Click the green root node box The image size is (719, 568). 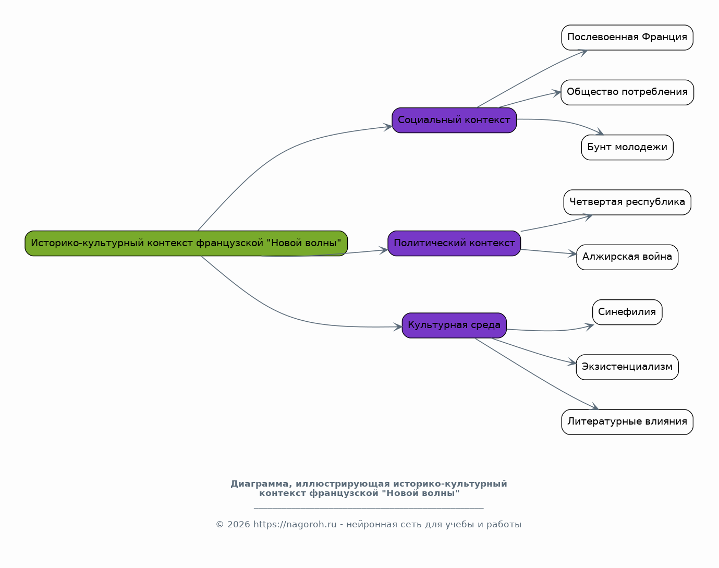[x=186, y=244]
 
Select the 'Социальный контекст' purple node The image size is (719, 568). [x=454, y=120]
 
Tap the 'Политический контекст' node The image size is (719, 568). [x=454, y=244]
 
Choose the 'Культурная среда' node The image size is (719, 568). [x=454, y=325]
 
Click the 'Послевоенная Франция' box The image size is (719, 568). [x=627, y=38]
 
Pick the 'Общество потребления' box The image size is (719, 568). [x=627, y=92]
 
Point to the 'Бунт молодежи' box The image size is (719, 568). [x=627, y=148]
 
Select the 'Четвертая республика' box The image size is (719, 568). [x=627, y=202]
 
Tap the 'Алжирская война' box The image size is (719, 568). [x=627, y=257]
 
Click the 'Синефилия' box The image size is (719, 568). [x=627, y=312]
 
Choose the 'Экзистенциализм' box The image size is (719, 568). [x=627, y=367]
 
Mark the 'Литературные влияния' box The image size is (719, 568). [x=627, y=422]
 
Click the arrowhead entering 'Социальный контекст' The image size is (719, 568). [x=387, y=127]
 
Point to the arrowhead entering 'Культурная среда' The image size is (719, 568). [x=398, y=327]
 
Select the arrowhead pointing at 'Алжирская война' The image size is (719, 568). [x=572, y=253]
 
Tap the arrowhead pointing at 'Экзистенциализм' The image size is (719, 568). [x=571, y=362]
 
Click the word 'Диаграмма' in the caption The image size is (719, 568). [x=259, y=484]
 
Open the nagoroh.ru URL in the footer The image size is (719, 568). [x=295, y=524]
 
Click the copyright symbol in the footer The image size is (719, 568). [x=220, y=525]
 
